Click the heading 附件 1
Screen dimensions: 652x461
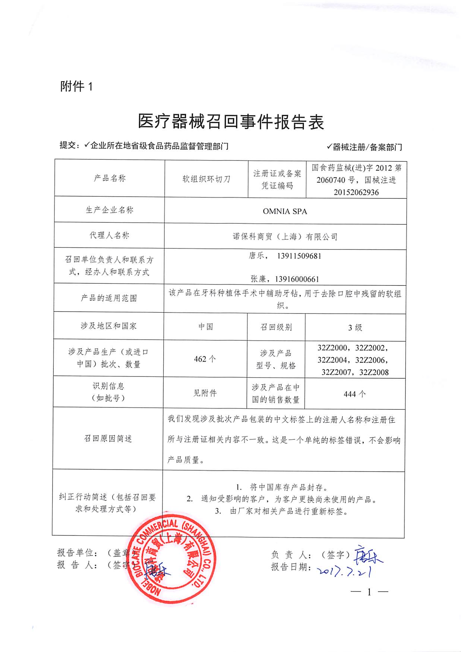pyautogui.click(x=76, y=86)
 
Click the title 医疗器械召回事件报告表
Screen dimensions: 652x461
pyautogui.click(x=231, y=122)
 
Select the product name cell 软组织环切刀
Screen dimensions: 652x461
pyautogui.click(x=206, y=179)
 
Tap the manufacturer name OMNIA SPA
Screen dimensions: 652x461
pyautogui.click(x=285, y=211)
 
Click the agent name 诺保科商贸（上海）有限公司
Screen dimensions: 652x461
pyautogui.click(x=285, y=236)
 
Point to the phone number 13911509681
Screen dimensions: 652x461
pyautogui.click(x=299, y=256)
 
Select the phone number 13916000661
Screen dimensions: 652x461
pyautogui.click(x=297, y=279)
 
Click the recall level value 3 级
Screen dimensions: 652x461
pyautogui.click(x=355, y=328)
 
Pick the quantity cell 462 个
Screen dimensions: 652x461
pyautogui.click(x=205, y=359)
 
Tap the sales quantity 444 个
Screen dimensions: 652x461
pyautogui.click(x=354, y=394)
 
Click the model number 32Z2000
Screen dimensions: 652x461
pyautogui.click(x=332, y=348)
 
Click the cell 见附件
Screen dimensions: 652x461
pyautogui.click(x=205, y=393)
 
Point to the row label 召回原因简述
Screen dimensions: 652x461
pyautogui.click(x=108, y=439)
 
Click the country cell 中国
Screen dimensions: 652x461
pyautogui.click(x=205, y=327)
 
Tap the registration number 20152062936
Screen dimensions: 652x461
pyautogui.click(x=356, y=192)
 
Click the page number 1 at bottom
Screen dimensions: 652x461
pyautogui.click(x=369, y=592)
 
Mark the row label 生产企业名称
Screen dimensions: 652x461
pyautogui.click(x=110, y=210)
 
